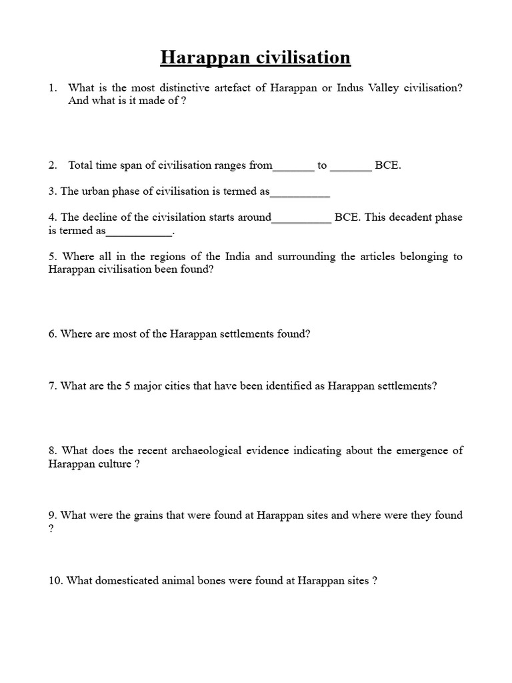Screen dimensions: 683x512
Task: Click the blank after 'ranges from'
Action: coord(293,165)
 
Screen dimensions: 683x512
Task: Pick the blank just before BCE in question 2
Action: coord(351,165)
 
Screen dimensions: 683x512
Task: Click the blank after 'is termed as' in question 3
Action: coord(300,192)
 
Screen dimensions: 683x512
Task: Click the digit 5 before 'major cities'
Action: coord(126,386)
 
